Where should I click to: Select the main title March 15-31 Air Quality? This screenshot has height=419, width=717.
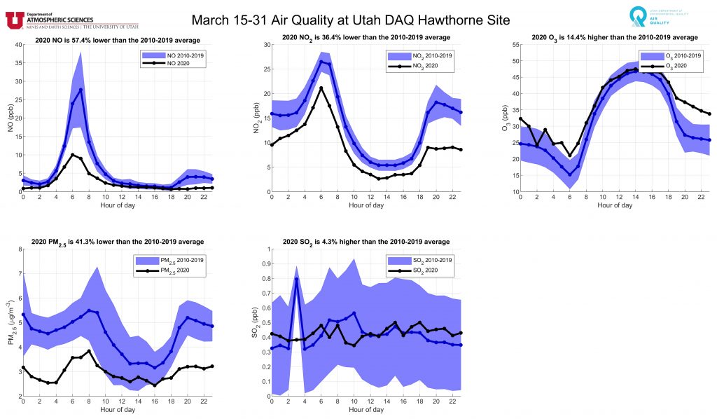point(348,20)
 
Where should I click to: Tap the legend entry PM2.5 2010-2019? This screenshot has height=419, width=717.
point(167,261)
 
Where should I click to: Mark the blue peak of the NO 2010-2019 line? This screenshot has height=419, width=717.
point(81,90)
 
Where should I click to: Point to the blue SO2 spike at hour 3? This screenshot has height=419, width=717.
point(296,279)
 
